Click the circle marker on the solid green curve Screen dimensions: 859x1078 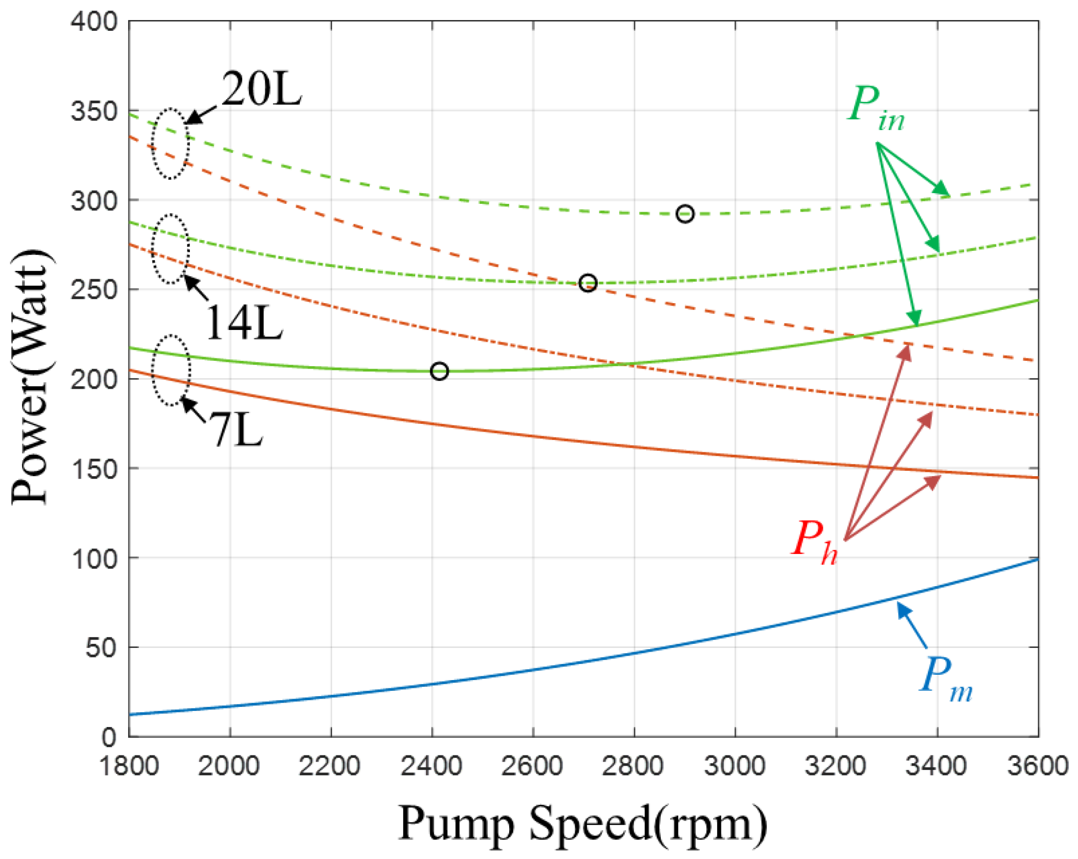(x=439, y=371)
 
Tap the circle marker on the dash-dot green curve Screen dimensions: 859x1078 (x=587, y=284)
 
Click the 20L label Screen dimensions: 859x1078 (x=262, y=89)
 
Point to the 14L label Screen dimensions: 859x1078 (x=244, y=323)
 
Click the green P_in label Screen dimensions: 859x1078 (x=875, y=108)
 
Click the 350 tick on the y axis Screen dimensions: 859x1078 (x=94, y=111)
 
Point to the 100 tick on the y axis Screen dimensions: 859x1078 (x=94, y=558)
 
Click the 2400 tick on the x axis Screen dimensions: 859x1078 (x=431, y=766)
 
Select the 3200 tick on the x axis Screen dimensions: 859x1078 (x=835, y=766)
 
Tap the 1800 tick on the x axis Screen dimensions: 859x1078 (x=129, y=766)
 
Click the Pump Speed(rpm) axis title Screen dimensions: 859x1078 (x=583, y=823)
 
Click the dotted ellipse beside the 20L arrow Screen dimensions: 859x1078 (x=171, y=143)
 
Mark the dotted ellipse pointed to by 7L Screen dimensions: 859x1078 (x=172, y=370)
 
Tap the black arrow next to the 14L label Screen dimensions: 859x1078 (x=196, y=288)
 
